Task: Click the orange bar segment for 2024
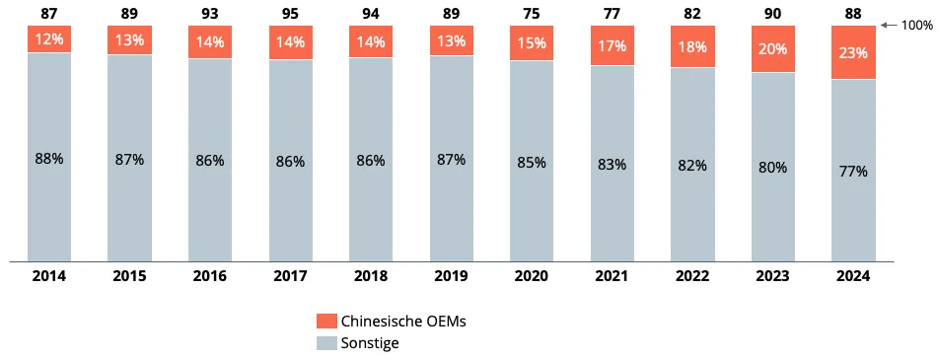point(853,52)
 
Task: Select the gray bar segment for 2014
point(49,158)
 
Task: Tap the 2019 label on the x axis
point(451,276)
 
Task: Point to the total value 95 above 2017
point(290,13)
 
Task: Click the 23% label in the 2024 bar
point(853,53)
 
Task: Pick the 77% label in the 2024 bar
point(853,172)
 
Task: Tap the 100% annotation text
point(917,26)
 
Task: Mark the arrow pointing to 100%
point(889,26)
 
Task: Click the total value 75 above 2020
point(532,13)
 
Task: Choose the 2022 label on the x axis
point(692,276)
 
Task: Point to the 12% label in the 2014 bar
point(49,39)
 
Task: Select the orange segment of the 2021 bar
point(612,45)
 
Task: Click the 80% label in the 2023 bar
point(772,167)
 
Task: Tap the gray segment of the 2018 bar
point(371,160)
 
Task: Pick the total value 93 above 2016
point(210,13)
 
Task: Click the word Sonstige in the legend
point(370,343)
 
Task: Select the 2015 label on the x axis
point(130,276)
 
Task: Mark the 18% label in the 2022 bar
point(692,46)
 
